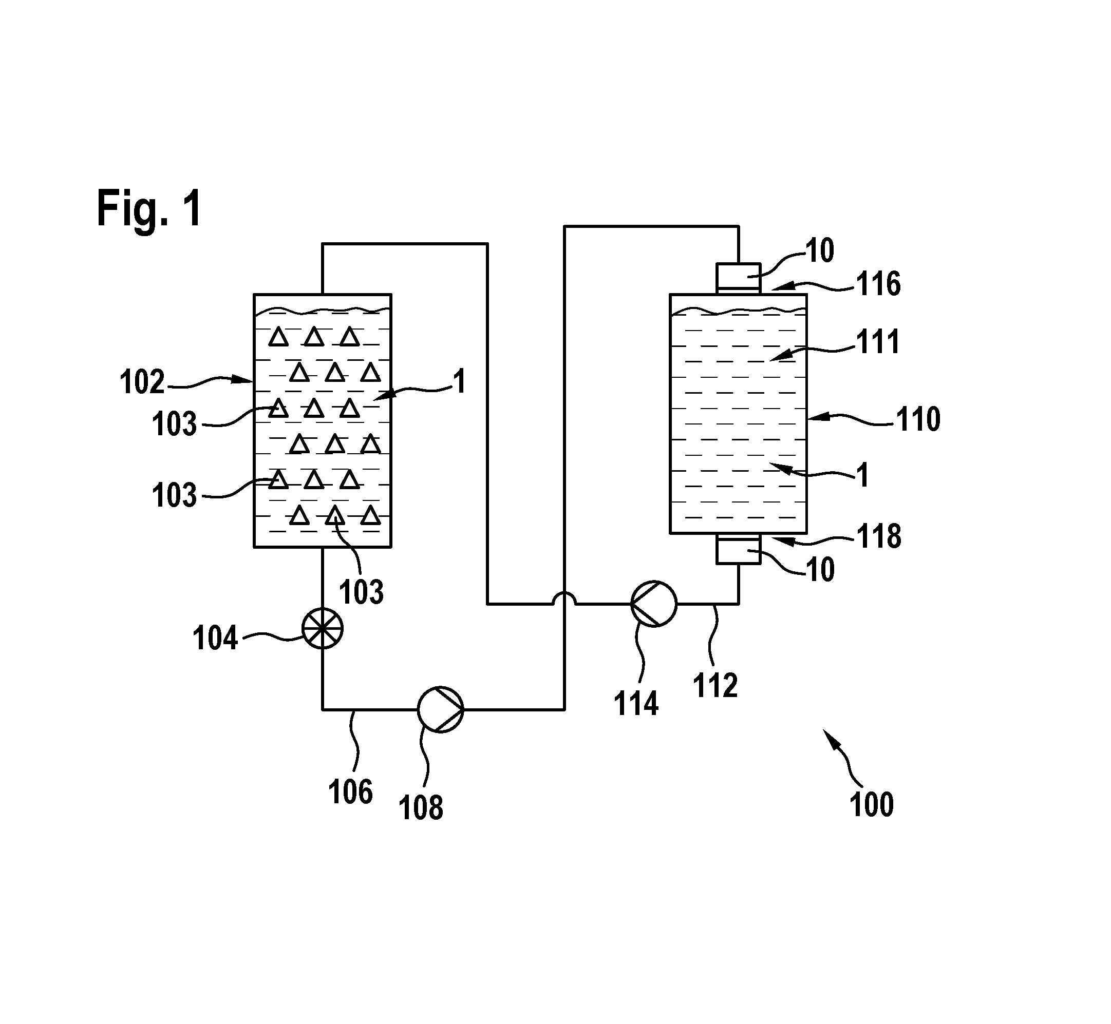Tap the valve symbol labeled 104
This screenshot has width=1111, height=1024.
point(322,628)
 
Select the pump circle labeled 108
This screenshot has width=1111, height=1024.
point(440,709)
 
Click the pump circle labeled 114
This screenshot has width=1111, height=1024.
point(654,604)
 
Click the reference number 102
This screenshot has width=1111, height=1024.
point(142,382)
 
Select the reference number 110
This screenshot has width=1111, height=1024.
point(918,419)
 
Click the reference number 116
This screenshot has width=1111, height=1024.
point(879,284)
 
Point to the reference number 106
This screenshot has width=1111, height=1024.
point(350,792)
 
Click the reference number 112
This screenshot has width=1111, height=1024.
point(715,685)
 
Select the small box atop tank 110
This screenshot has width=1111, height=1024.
point(738,279)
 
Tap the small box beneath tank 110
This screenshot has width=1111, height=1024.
point(738,549)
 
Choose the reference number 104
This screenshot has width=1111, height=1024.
point(215,638)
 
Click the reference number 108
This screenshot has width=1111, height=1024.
point(421,808)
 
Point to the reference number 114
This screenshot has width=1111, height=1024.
point(636,704)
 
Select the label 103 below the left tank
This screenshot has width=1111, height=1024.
point(362,592)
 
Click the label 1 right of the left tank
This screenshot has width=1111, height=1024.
point(459,382)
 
